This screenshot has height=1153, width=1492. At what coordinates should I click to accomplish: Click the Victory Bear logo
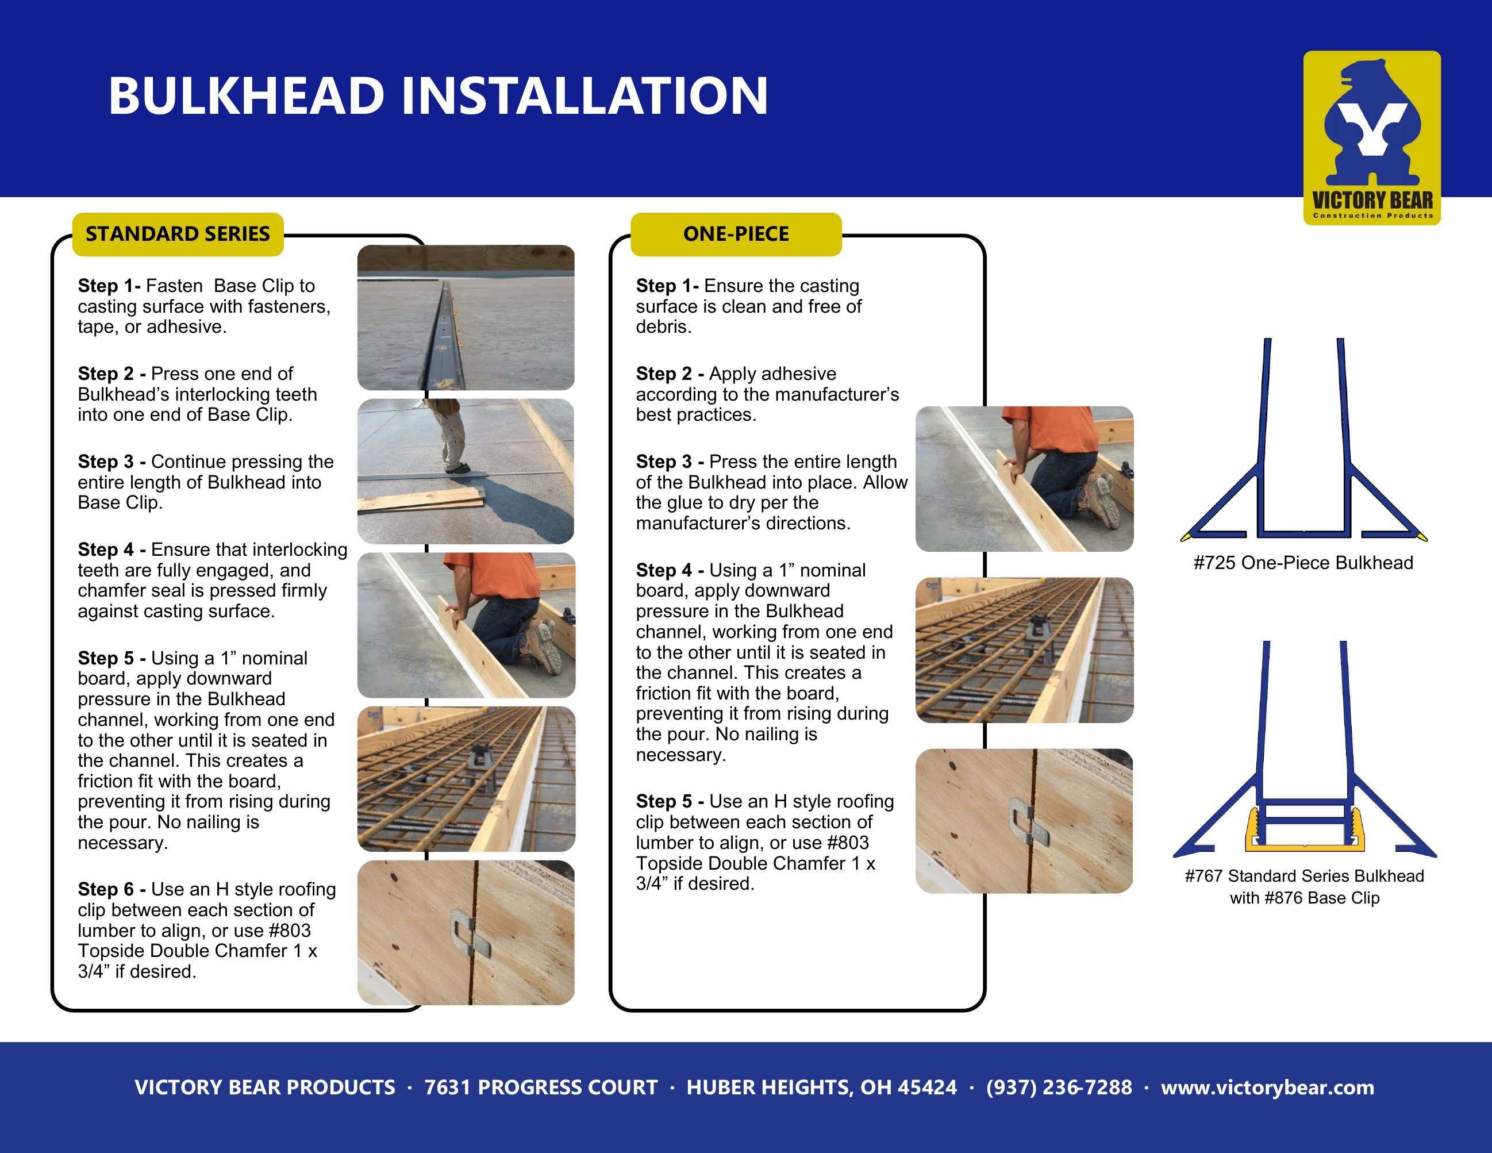[x=1372, y=138]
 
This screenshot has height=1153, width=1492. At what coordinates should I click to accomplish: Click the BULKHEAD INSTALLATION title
[x=439, y=95]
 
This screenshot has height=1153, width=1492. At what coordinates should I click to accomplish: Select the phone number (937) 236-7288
[x=1059, y=1087]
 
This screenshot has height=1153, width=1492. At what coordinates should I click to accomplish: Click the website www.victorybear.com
[x=1267, y=1087]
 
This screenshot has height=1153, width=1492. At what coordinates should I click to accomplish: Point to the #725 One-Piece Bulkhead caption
[x=1303, y=563]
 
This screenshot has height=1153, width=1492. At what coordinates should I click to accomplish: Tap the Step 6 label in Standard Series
[x=112, y=889]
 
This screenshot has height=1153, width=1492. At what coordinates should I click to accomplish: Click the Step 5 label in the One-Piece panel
[x=670, y=801]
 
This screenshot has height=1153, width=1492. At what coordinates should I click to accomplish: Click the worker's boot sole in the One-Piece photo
[x=1101, y=501]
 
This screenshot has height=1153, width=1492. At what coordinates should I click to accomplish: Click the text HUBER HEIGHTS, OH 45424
[x=821, y=1087]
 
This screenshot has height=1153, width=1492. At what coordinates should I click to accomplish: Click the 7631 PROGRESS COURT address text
[x=541, y=1087]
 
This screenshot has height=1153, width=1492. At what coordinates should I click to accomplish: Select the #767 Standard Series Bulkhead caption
[x=1304, y=887]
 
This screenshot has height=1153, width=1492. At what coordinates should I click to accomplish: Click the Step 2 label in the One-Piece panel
[x=670, y=374]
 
